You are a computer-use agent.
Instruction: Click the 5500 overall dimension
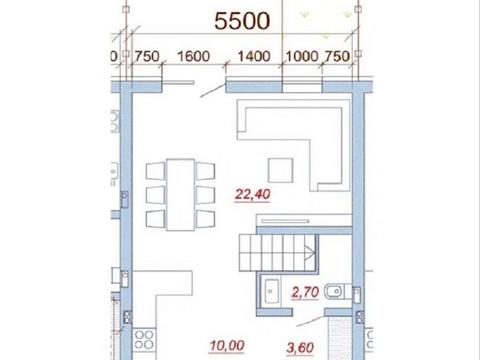(x=242, y=21)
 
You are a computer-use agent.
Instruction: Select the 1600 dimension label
(x=193, y=56)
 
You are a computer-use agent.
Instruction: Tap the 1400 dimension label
(x=254, y=56)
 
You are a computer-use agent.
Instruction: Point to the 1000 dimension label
(x=302, y=56)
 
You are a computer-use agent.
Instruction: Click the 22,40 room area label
(x=253, y=194)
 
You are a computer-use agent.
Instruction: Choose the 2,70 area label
(x=305, y=293)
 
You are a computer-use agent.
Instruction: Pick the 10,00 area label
(x=227, y=346)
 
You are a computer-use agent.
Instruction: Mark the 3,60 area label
(x=300, y=348)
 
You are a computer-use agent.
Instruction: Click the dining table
(x=180, y=195)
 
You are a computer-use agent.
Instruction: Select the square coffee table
(x=281, y=170)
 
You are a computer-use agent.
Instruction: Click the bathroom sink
(x=271, y=292)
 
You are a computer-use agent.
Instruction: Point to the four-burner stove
(x=144, y=339)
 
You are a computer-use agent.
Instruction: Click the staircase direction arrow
(x=310, y=252)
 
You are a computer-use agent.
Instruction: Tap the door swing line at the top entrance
(x=213, y=91)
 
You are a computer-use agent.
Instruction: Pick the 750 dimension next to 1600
(x=147, y=56)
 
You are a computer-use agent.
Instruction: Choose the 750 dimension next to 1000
(x=337, y=56)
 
